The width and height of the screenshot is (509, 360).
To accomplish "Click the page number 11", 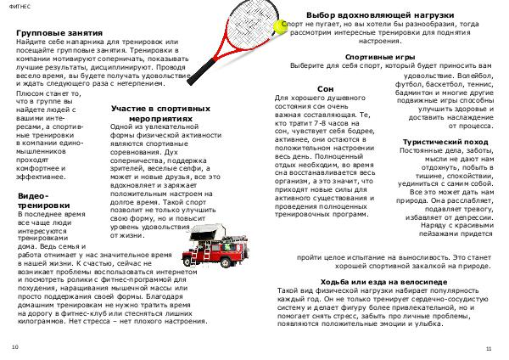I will [x=489, y=348].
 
